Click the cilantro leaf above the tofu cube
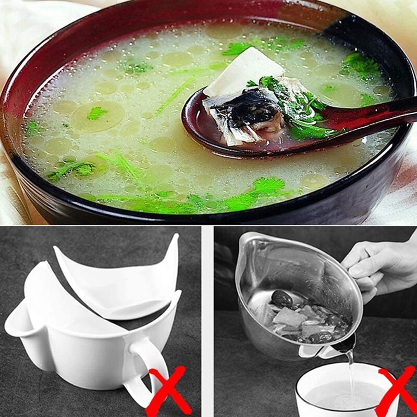tap(238, 48)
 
